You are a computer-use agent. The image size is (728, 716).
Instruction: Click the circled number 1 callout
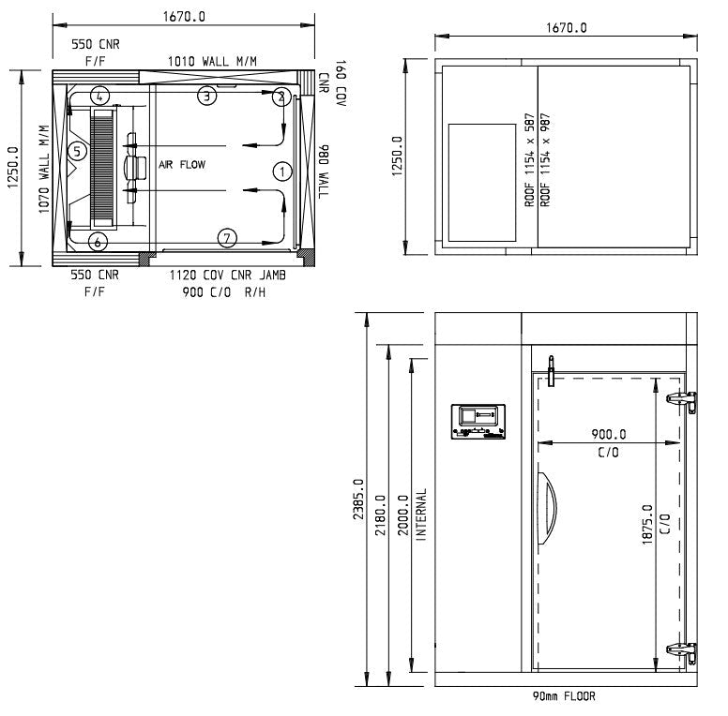[281, 171]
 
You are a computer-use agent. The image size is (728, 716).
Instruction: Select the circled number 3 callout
[207, 96]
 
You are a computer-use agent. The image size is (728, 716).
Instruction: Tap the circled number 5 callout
[78, 151]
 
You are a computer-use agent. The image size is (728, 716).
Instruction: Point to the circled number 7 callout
[226, 237]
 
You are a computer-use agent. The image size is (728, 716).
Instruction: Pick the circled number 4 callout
[100, 95]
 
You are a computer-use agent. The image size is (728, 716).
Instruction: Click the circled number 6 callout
[97, 241]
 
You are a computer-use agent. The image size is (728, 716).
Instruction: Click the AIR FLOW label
[181, 164]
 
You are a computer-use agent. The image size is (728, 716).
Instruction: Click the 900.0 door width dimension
[609, 435]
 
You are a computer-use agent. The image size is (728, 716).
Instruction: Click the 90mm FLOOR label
[563, 696]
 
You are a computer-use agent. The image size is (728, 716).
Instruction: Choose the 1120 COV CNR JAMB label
[227, 276]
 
